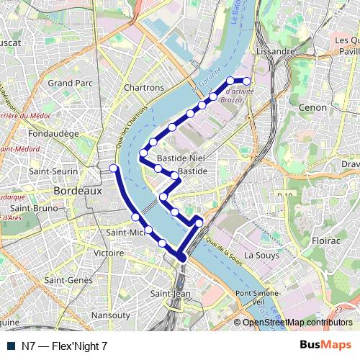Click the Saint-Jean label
[171, 294]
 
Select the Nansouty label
[111, 315]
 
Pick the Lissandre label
[274, 53]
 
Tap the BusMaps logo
[325, 346]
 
